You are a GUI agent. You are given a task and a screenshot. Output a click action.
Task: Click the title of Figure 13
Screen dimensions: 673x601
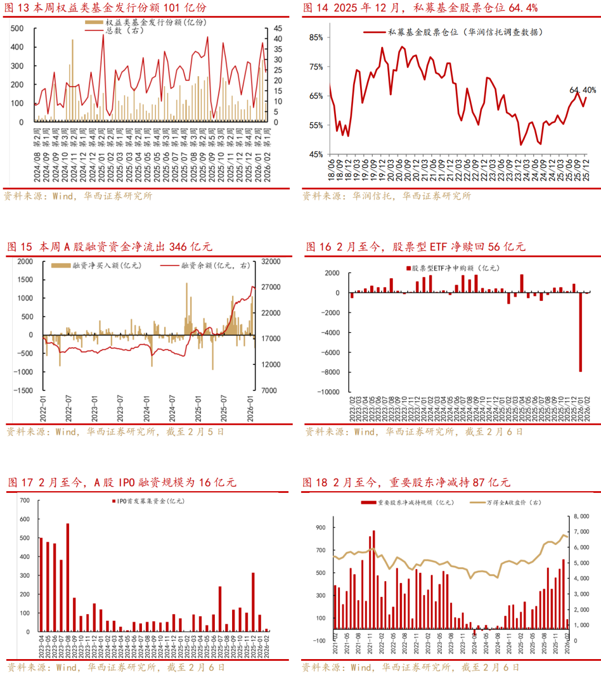105,8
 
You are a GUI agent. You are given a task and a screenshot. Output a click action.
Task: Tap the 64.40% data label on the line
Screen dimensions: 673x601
582,90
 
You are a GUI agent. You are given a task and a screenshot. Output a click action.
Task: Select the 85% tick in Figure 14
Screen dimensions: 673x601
316,37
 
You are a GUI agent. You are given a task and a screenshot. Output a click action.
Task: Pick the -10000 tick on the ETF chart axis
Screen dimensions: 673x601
328,392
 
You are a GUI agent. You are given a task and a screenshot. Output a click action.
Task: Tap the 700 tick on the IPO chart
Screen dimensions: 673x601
24,500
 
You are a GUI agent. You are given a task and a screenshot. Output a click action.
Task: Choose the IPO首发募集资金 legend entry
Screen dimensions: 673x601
150,501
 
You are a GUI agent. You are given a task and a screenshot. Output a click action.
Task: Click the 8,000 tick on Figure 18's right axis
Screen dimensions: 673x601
581,517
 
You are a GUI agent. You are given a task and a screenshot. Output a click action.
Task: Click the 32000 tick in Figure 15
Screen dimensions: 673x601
270,261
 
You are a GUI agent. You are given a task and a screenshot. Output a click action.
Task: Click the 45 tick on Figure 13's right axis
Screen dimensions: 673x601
278,28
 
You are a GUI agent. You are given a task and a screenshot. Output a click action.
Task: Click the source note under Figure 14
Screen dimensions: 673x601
386,196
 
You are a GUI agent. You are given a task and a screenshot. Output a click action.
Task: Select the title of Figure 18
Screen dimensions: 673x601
406,482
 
